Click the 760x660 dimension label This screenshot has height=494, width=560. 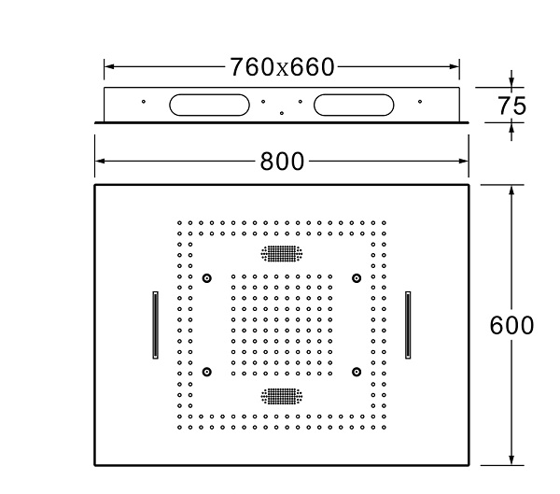coord(282,67)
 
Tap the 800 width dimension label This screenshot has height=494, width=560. coord(282,162)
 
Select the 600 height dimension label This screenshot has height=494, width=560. coord(511,326)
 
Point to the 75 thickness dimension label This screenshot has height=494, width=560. coord(511,106)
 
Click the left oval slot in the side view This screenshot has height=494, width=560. coord(209,105)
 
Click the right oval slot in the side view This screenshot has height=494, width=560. coord(354,105)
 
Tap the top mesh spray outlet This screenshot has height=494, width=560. coord(282,253)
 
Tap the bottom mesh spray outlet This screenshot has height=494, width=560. coord(282,397)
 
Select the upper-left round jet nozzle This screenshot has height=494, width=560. coord(207,278)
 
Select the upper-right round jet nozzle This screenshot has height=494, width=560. coord(357,278)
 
